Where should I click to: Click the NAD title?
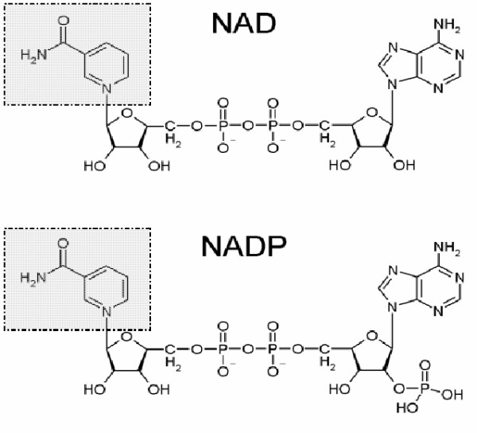[x=244, y=23]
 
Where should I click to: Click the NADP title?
[x=244, y=247]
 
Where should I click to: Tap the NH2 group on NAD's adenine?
[x=447, y=25]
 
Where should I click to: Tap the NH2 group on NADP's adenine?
[x=447, y=248]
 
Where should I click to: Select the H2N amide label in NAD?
[x=33, y=56]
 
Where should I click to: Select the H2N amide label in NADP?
[x=33, y=279]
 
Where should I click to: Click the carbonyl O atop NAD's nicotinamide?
[x=63, y=21]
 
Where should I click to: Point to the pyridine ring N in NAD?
[x=107, y=88]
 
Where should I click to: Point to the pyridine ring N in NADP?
[x=107, y=311]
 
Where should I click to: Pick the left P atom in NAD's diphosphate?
[x=223, y=126]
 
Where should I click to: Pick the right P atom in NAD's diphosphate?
[x=273, y=126]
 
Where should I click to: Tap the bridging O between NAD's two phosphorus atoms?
[x=248, y=126]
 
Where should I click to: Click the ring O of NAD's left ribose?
[x=127, y=113]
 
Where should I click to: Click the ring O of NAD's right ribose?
[x=372, y=113]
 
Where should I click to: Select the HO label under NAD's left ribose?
[x=95, y=166]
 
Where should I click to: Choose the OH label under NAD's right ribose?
[x=405, y=165]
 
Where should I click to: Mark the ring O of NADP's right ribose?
[x=372, y=336]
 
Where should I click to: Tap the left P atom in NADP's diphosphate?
[x=223, y=349]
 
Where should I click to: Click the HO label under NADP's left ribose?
[x=95, y=389]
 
